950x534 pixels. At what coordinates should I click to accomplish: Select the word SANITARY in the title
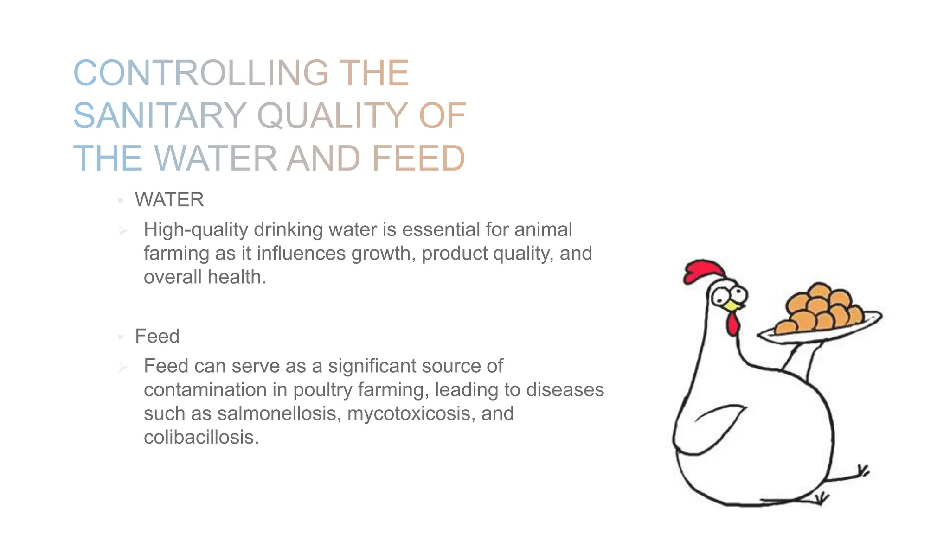coord(160,116)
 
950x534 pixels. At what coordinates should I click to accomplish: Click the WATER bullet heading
coord(169,200)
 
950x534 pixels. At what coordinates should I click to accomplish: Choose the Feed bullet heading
coord(157,337)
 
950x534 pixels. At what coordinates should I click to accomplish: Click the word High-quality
coord(195,230)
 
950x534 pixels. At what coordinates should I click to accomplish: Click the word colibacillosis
coord(201,437)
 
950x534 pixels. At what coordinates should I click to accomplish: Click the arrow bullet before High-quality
coord(123,230)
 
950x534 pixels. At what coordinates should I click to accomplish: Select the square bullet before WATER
coord(121,201)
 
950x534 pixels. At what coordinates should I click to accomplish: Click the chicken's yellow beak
coord(732,305)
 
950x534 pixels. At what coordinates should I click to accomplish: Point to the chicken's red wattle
coord(732,324)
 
